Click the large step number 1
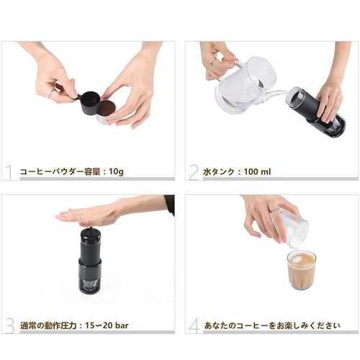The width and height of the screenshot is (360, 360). click(x=9, y=172)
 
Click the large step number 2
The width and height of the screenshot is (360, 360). click(x=194, y=172)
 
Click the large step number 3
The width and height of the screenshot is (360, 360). click(x=10, y=325)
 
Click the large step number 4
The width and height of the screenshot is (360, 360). click(x=194, y=325)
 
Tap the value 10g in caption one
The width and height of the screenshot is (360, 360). click(x=116, y=172)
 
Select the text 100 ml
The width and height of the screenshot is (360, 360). click(x=257, y=172)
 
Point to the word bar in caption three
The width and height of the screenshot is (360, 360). click(x=122, y=325)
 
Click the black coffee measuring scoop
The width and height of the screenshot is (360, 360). click(x=89, y=102)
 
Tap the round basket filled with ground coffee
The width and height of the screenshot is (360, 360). click(x=107, y=110)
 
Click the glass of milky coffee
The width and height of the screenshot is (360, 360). click(x=302, y=270)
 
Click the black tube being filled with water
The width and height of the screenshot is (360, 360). click(x=316, y=112)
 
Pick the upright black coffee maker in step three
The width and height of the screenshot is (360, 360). click(x=91, y=261)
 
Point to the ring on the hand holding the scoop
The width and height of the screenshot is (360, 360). click(x=50, y=94)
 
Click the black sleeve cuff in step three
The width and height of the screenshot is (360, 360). click(x=170, y=204)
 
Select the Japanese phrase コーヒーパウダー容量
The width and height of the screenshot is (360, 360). click(x=60, y=172)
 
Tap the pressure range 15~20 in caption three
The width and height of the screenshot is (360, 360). click(x=99, y=325)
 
